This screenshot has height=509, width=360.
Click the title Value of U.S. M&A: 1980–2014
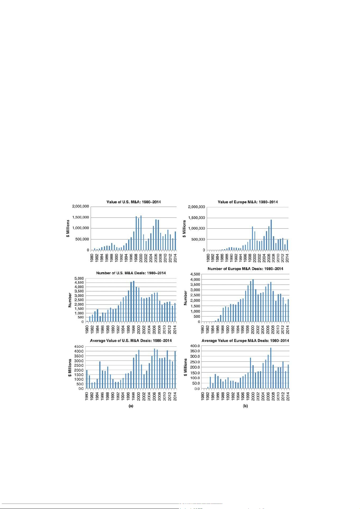(x=134, y=202)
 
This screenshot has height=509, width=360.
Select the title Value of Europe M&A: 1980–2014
(x=248, y=202)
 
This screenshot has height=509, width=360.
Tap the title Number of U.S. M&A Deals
(x=131, y=273)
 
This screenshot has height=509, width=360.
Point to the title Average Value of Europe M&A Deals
(x=245, y=341)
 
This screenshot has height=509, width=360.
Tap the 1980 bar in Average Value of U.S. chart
(x=87, y=379)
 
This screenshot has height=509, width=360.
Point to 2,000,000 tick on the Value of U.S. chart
(x=80, y=206)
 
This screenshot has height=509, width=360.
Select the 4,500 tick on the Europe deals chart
(x=194, y=274)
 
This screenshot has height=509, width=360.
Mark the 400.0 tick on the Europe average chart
(x=194, y=346)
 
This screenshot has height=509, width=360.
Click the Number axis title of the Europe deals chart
(x=186, y=298)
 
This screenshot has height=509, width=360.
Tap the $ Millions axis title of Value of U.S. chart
(x=68, y=228)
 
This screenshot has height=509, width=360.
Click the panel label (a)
(x=131, y=406)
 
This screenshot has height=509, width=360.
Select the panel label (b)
(x=245, y=406)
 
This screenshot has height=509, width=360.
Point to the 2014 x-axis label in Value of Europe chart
(x=287, y=257)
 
